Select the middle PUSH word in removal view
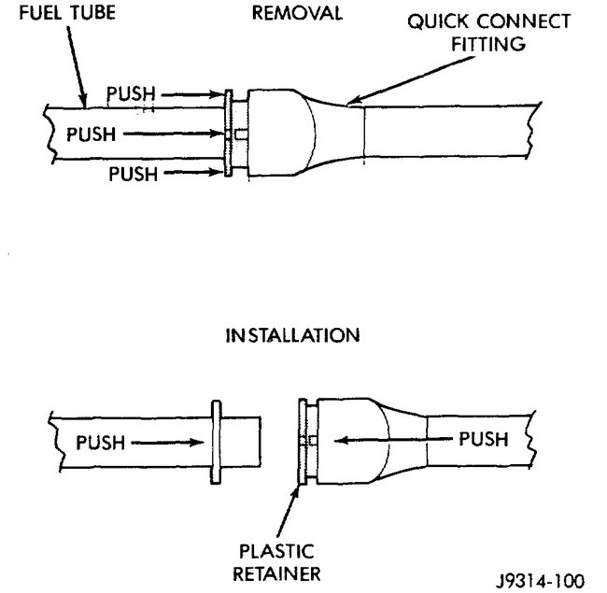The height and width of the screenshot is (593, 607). click(x=90, y=134)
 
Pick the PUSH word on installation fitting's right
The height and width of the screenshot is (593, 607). click(x=483, y=438)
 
